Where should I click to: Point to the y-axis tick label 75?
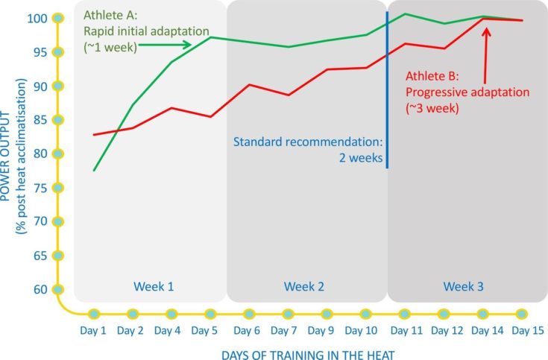tap(42, 188)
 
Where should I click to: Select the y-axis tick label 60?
tap(42, 289)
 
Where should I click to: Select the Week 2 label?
tap(305, 286)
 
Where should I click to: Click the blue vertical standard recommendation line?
tap(387, 89)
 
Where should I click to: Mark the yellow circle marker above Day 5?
tap(210, 314)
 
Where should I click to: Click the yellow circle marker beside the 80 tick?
tap(58, 154)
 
